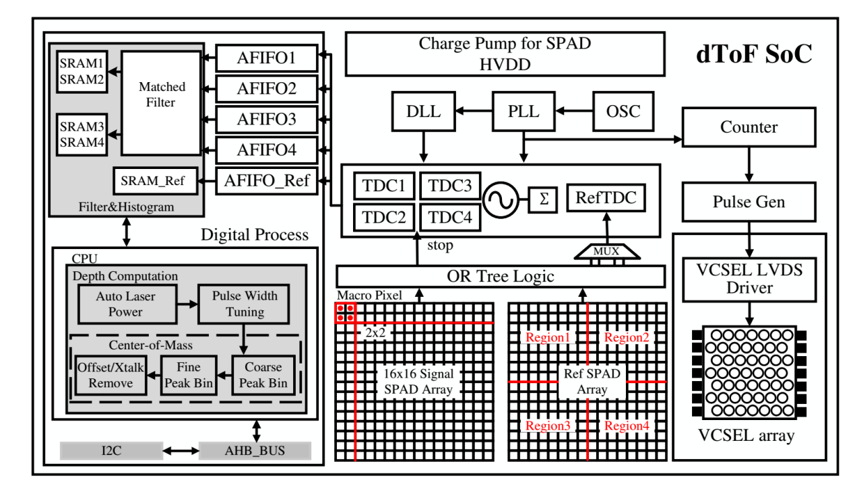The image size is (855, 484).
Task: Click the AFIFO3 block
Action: point(267,119)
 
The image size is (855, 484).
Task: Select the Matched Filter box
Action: point(161,103)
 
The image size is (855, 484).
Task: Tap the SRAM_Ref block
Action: point(156,181)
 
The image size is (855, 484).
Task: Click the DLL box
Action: point(424,111)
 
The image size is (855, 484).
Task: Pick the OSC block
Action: point(623,111)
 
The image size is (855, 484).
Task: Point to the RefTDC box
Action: point(606,197)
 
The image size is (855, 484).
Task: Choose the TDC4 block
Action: point(450,217)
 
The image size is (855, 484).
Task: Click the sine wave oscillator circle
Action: point(501,200)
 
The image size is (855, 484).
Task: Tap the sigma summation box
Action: point(543,199)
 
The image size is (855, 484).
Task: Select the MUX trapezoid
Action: point(607,252)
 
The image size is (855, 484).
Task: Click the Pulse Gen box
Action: point(749,202)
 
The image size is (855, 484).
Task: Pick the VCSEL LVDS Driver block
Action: point(749,279)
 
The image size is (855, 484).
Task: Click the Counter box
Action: point(749,127)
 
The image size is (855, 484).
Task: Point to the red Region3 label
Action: point(548,425)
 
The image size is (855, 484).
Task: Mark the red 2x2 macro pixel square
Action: point(346,313)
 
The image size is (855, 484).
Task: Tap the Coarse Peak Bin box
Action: point(263,375)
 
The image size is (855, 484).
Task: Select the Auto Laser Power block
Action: point(127,304)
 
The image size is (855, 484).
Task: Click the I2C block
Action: point(111,451)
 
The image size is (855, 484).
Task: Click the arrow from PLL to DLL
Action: point(474,111)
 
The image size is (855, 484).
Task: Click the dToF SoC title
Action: point(754,54)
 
